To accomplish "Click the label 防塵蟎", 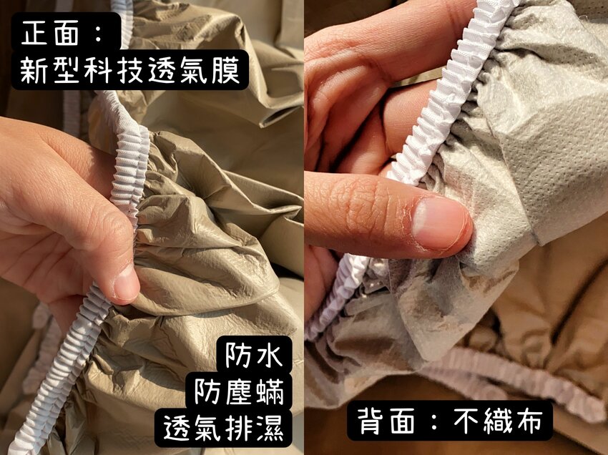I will (240, 392).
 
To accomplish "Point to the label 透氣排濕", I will (223, 429).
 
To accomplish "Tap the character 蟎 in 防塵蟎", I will (270, 392).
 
